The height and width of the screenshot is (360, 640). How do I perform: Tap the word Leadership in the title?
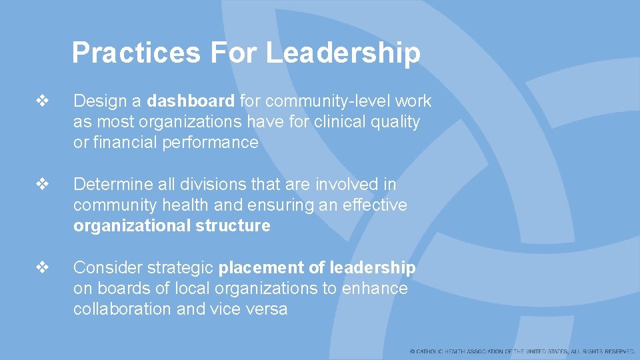[x=343, y=53]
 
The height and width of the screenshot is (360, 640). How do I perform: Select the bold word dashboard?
[x=191, y=101]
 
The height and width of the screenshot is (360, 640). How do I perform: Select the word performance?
[x=210, y=143]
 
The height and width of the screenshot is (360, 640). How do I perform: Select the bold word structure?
[x=233, y=226]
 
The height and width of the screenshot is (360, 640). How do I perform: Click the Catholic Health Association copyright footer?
[x=523, y=351]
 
